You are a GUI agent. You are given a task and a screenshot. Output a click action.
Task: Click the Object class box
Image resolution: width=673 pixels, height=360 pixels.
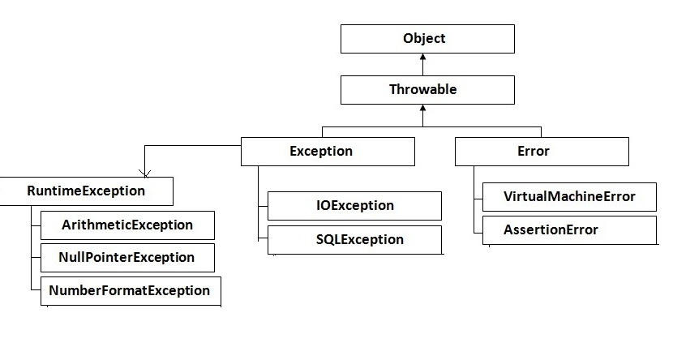427,39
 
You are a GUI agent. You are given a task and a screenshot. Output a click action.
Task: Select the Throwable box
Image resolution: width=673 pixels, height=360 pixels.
427,90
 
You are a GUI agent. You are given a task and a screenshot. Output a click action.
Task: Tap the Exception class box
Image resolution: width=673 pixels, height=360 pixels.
328,152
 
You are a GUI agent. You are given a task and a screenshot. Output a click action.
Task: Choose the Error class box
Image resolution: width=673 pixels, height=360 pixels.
541,152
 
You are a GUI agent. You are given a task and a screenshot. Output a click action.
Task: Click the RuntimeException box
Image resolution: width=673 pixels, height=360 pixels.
86,191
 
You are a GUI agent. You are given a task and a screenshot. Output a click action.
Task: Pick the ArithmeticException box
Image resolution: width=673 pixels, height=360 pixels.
127,225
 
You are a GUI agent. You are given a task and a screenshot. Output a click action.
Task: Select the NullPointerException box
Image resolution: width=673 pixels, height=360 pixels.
127,258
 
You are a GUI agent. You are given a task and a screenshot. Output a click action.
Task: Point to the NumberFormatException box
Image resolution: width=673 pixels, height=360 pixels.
130,291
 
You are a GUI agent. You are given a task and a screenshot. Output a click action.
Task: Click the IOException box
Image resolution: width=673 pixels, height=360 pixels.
354,206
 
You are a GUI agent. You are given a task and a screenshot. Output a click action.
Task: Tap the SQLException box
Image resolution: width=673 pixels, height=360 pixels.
354,240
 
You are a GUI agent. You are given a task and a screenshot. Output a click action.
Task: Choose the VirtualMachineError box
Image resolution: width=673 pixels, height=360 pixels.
568,197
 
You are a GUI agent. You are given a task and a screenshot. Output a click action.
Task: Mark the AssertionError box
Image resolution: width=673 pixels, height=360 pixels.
568,230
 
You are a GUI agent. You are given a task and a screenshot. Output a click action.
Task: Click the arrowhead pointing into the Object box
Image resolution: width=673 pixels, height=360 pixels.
422,58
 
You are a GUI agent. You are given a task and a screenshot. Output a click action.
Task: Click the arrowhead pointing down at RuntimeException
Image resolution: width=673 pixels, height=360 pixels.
144,173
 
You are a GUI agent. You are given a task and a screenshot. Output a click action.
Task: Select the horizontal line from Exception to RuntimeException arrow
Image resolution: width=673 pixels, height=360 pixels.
192,146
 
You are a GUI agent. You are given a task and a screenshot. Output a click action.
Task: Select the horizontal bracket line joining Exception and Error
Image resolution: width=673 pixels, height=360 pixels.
430,127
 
